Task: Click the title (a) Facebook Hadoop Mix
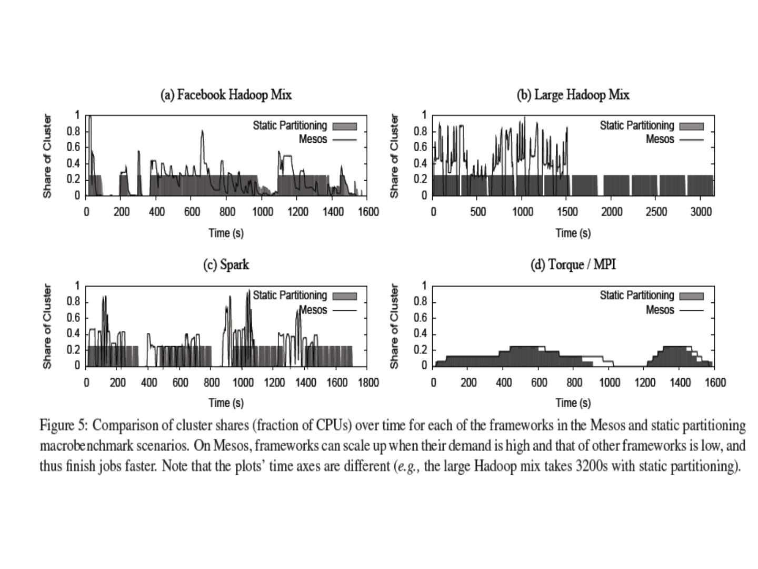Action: pos(226,95)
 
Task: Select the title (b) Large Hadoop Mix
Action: pos(573,95)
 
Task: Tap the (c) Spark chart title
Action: pos(226,264)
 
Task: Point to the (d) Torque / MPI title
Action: pos(573,264)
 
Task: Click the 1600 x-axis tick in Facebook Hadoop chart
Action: pos(368,212)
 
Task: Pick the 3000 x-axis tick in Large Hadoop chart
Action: pos(701,212)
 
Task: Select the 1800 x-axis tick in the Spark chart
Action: pos(368,382)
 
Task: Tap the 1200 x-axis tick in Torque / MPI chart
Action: pos(645,382)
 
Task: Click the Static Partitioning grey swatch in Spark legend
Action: pos(344,296)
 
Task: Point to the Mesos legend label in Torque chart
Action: pos(660,310)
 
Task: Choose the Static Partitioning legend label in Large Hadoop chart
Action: pos(636,126)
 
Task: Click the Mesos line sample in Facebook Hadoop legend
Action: pos(344,140)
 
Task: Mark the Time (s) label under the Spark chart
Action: pos(226,403)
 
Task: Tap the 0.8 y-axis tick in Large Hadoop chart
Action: pos(421,131)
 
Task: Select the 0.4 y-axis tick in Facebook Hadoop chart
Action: pos(74,163)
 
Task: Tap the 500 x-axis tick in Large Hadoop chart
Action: pos(477,212)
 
